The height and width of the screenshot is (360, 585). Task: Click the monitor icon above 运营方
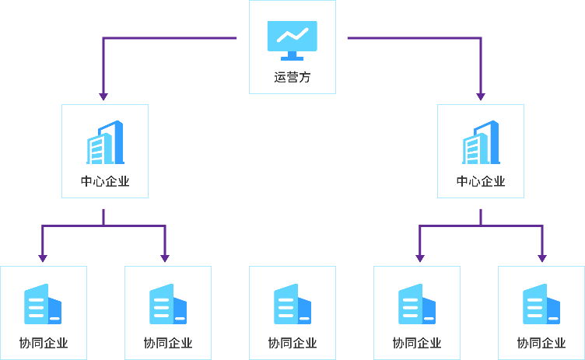pyautogui.click(x=292, y=40)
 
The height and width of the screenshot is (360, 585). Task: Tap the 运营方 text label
pyautogui.click(x=292, y=78)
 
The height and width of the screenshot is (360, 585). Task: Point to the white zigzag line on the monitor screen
pyautogui.click(x=292, y=35)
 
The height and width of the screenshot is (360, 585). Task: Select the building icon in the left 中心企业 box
pyautogui.click(x=105, y=142)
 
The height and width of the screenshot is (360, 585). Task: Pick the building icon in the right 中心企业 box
pyautogui.click(x=481, y=142)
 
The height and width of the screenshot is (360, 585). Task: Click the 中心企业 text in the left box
pyautogui.click(x=105, y=182)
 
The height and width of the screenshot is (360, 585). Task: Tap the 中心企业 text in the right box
pyautogui.click(x=481, y=182)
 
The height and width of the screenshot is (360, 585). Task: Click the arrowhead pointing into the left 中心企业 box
pyautogui.click(x=103, y=96)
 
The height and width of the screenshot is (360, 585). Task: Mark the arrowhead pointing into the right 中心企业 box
pyautogui.click(x=481, y=96)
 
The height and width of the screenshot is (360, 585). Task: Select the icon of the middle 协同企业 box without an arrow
pyautogui.click(x=292, y=304)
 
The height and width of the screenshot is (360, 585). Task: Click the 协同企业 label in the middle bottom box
pyautogui.click(x=292, y=343)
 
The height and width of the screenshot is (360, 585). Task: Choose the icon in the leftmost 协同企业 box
pyautogui.click(x=44, y=304)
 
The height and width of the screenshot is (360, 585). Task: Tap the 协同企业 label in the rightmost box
pyautogui.click(x=541, y=343)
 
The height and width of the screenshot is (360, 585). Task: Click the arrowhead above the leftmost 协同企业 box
pyautogui.click(x=43, y=258)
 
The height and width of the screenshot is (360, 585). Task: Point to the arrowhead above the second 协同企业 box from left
pyautogui.click(x=165, y=258)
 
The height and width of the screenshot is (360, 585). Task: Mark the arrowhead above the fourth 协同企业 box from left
pyautogui.click(x=420, y=258)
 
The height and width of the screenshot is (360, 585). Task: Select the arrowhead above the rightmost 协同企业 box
pyautogui.click(x=542, y=258)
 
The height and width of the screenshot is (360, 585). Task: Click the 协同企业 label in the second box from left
pyautogui.click(x=168, y=343)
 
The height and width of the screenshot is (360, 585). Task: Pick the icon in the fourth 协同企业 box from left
pyautogui.click(x=417, y=304)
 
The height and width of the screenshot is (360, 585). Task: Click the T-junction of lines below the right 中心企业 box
pyautogui.click(x=481, y=225)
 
